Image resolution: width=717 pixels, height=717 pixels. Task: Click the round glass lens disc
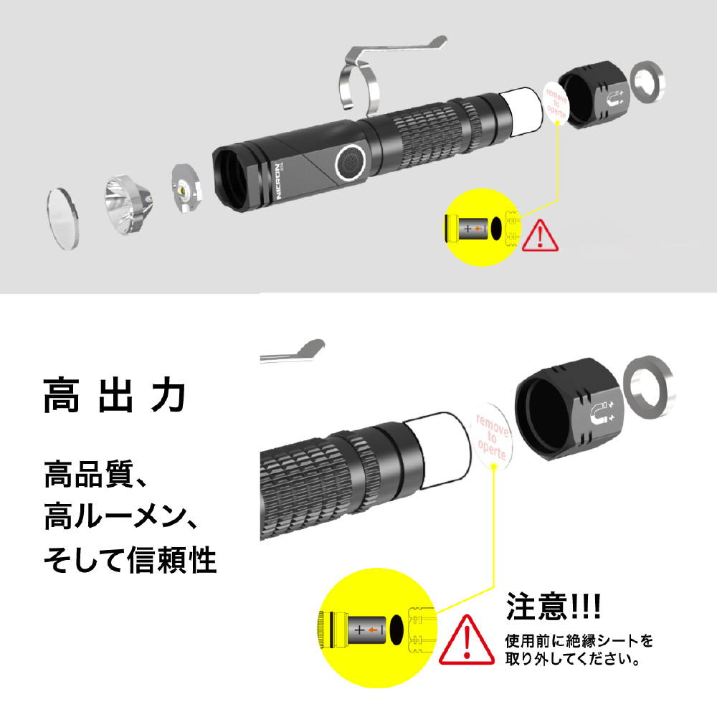click(62, 219)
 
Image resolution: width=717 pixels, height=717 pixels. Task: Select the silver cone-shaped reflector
click(128, 204)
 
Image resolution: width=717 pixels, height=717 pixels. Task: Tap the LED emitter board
click(186, 187)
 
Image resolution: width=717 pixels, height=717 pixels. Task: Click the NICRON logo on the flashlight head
click(278, 180)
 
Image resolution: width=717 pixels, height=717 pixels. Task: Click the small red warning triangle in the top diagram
click(540, 235)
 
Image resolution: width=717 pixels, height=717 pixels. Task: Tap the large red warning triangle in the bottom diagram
click(467, 640)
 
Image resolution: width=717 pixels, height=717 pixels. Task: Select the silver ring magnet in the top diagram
click(647, 82)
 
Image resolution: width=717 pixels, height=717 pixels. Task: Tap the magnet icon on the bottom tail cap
click(602, 414)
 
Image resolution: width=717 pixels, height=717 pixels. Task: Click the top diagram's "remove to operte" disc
click(556, 103)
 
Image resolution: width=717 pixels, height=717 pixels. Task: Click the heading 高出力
click(114, 395)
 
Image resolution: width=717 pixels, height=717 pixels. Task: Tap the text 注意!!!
click(554, 606)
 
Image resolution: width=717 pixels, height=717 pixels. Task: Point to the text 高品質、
click(95, 475)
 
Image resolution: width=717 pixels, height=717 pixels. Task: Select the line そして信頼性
click(130, 560)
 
